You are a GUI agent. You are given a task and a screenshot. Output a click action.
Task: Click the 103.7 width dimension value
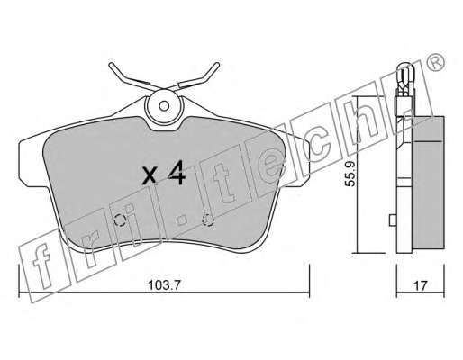click(164, 285)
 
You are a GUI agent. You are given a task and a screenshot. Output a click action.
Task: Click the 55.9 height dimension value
click(350, 174)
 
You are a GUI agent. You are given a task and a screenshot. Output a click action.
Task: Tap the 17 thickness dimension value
click(420, 285)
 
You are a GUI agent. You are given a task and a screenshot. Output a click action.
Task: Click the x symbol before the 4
click(150, 175)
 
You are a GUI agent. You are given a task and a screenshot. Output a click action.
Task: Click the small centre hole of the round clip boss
click(164, 105)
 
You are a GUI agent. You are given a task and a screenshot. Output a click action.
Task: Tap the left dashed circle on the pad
click(120, 220)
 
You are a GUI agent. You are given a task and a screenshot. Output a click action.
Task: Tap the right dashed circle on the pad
click(207, 220)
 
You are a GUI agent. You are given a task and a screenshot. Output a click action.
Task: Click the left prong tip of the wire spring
click(111, 65)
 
